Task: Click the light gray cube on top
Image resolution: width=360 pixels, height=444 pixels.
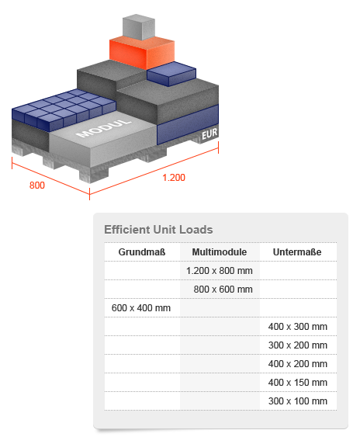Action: pos(139,26)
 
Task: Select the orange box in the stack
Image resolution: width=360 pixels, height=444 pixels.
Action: pos(141,53)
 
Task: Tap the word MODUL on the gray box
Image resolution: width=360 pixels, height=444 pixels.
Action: pos(104,128)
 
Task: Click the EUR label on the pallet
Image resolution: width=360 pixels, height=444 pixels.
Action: pos(209,134)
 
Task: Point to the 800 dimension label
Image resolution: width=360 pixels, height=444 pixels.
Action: pos(37,186)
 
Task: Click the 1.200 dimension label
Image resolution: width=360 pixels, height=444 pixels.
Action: pos(174,178)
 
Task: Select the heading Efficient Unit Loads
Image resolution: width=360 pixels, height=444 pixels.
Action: pos(158,230)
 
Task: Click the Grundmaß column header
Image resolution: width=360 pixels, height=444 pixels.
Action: pos(142,251)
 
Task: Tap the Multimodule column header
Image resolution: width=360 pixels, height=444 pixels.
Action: pos(220,251)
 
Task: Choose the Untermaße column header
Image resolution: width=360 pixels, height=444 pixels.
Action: pos(297,251)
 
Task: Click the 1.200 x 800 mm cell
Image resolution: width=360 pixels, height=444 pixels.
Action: pos(220,270)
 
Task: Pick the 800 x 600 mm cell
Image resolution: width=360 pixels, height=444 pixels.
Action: pos(223,289)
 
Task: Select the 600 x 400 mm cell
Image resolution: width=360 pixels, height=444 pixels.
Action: pos(141,308)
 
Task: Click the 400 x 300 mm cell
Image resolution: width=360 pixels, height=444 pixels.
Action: pos(298,327)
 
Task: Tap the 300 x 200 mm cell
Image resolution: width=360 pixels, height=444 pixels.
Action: pos(298,345)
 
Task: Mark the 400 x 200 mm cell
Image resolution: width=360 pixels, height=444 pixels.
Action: pos(298,364)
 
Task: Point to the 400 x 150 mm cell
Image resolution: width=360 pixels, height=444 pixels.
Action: pos(298,383)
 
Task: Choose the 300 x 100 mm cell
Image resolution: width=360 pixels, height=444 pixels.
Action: pos(298,401)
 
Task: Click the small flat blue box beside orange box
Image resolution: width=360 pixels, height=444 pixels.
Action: pos(171,74)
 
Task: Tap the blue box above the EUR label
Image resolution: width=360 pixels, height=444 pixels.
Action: pos(188,124)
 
